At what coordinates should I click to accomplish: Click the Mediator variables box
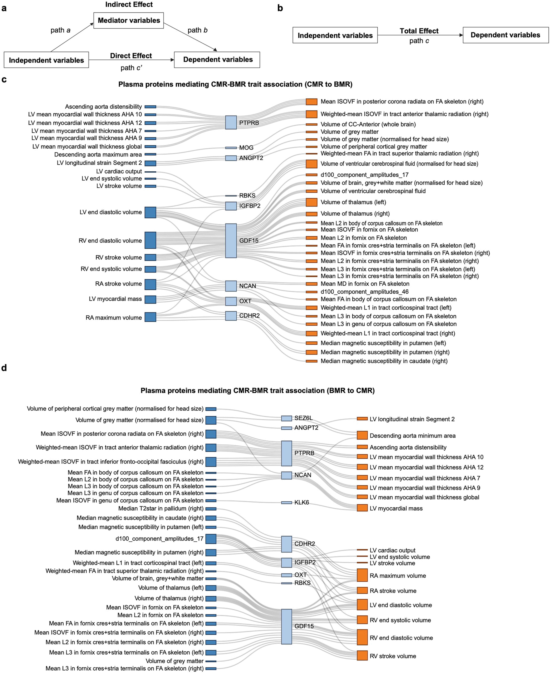pyautogui.click(x=129, y=21)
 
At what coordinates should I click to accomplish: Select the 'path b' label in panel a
pyautogui.click(x=197, y=30)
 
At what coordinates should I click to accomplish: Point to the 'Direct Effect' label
pyautogui.click(x=131, y=56)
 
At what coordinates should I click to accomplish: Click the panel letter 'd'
pyautogui.click(x=4, y=368)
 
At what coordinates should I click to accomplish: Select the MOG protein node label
pyautogui.click(x=246, y=148)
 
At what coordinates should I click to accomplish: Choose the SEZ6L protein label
pyautogui.click(x=303, y=418)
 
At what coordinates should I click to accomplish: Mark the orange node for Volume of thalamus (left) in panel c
pyautogui.click(x=311, y=202)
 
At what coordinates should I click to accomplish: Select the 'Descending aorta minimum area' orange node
pyautogui.click(x=362, y=435)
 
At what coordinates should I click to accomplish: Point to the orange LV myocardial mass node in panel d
pyautogui.click(x=362, y=508)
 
